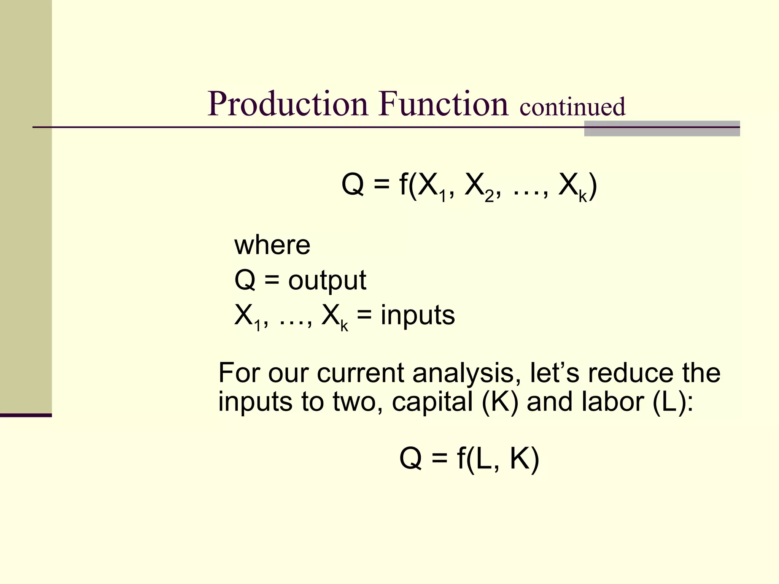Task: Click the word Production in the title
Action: click(x=288, y=104)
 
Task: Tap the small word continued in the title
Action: click(x=572, y=107)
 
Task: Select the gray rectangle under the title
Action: click(x=662, y=129)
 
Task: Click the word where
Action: click(x=272, y=245)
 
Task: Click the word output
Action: click(x=327, y=281)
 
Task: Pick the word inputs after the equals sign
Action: click(x=418, y=316)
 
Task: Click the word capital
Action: click(x=432, y=402)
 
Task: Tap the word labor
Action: click(x=613, y=402)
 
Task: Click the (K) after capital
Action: click(x=500, y=402)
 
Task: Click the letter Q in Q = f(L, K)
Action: click(x=411, y=459)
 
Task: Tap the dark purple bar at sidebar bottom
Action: click(x=26, y=415)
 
